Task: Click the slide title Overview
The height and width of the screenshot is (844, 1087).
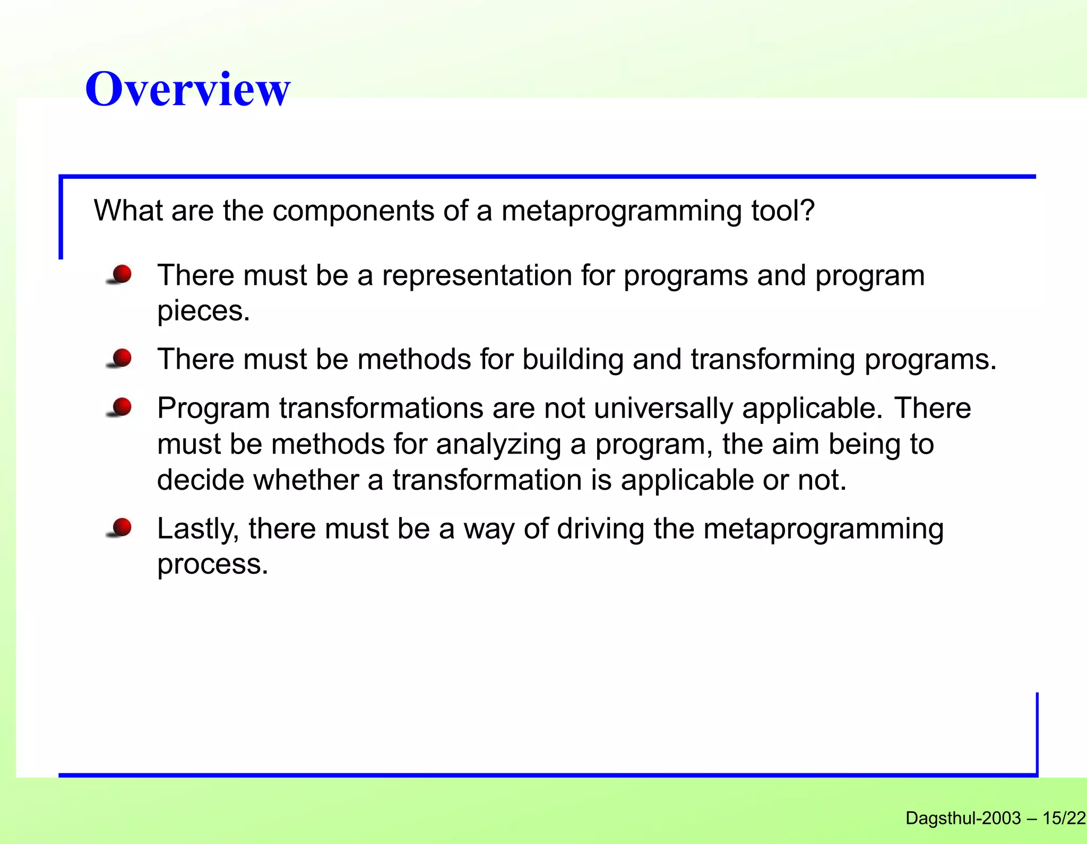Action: pyautogui.click(x=187, y=89)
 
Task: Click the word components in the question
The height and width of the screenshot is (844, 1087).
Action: pyautogui.click(x=353, y=211)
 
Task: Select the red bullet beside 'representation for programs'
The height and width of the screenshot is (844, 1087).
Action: pyautogui.click(x=121, y=274)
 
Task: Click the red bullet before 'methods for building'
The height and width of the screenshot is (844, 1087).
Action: pyautogui.click(x=121, y=358)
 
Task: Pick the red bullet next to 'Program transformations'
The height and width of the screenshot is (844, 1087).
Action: pyautogui.click(x=121, y=407)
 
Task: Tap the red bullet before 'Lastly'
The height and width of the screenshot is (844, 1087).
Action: pyautogui.click(x=121, y=528)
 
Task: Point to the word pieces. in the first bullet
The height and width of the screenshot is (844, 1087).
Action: pyautogui.click(x=203, y=311)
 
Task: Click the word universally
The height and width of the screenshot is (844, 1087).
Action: pyautogui.click(x=662, y=408)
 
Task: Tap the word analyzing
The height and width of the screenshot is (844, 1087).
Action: pyautogui.click(x=498, y=445)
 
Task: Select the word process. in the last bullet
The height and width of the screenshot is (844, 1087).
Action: pyautogui.click(x=213, y=564)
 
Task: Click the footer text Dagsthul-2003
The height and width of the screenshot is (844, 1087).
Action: pyautogui.click(x=963, y=818)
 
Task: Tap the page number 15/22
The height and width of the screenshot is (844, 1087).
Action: pyautogui.click(x=1064, y=818)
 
